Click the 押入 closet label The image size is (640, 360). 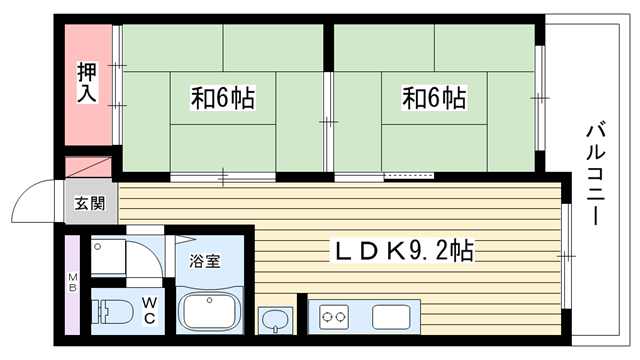click(87, 82)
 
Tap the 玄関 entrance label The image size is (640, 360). click(90, 203)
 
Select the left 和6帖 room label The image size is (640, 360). click(223, 98)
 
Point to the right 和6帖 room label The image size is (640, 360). click(434, 98)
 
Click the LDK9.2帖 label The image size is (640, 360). click(404, 250)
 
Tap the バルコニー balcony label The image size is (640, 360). click(596, 173)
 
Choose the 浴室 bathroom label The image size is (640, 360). click(204, 261)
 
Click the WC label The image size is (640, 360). click(149, 310)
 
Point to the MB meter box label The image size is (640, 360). click(72, 282)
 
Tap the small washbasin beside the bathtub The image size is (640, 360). click(276, 321)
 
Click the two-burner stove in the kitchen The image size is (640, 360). click(334, 317)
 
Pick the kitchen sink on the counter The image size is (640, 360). click(391, 317)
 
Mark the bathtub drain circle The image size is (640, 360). click(209, 300)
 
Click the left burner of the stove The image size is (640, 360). click(327, 316)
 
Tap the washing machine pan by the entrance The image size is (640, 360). click(108, 257)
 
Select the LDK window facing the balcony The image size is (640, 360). click(566, 256)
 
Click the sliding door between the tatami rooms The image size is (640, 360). click(329, 122)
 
